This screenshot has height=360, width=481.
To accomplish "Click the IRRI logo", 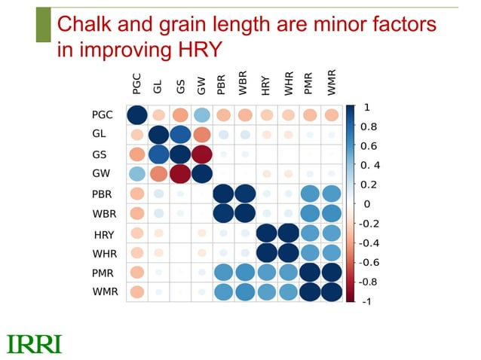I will tap(34, 344).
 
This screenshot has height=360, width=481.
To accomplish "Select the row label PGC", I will tap(103, 115).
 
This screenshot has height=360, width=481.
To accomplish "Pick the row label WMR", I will tap(105, 291).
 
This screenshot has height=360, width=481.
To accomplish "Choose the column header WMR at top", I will tap(332, 83).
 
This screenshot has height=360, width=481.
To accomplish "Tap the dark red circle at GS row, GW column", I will tap(201, 154).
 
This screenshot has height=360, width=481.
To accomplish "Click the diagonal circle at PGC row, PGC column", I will tap(136, 115).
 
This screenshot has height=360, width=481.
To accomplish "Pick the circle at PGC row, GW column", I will tap(201, 115).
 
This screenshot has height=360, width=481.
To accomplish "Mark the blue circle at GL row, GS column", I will tap(179, 135).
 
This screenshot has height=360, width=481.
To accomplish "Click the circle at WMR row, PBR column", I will tap(223, 291).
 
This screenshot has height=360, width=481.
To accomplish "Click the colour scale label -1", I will tap(367, 302).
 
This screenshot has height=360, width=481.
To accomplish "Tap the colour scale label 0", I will tap(366, 204).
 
